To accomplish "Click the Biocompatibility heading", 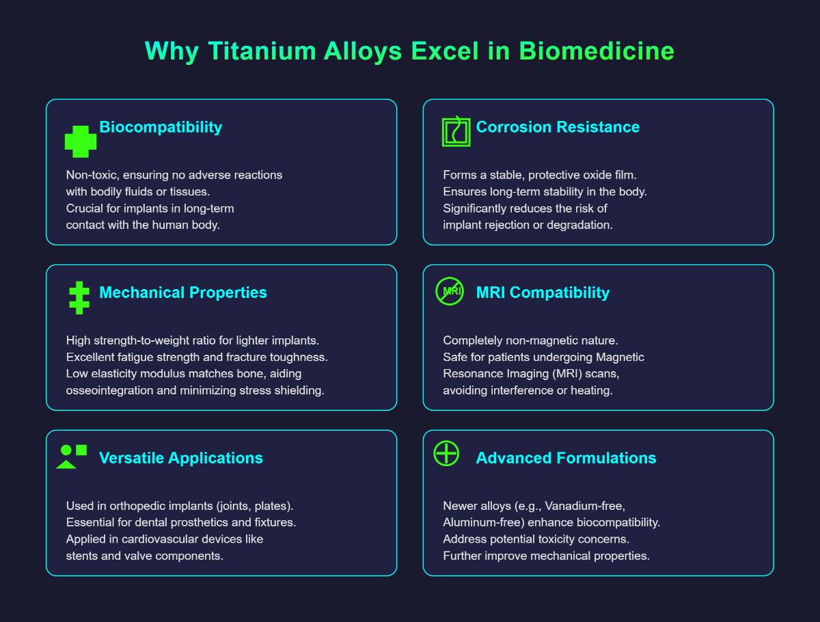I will point(161,127).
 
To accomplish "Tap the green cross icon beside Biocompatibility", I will point(81,141).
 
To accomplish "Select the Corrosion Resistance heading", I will point(558,127).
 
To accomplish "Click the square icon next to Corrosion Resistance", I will point(456,132).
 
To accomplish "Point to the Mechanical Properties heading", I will point(183,293).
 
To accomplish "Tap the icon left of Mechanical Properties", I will point(79,298).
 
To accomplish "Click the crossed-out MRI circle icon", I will point(450,291).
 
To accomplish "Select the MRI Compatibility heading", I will point(543,293).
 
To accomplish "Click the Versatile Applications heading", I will point(181,458).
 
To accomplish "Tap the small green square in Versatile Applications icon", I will point(81,450).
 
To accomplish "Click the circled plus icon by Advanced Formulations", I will point(446,453).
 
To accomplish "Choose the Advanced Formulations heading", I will point(566,458).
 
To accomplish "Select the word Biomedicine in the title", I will point(597,51).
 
